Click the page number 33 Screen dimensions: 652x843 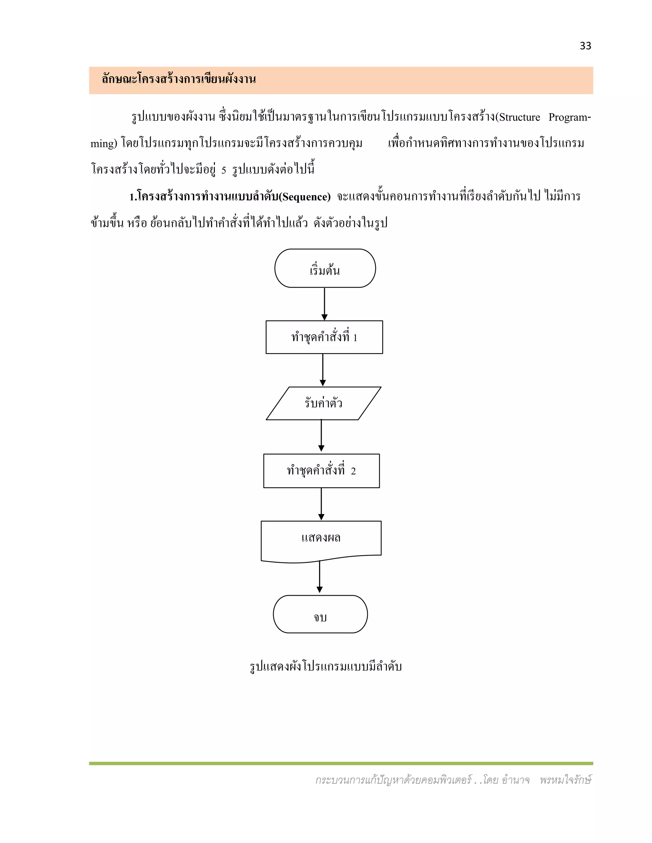click(585, 46)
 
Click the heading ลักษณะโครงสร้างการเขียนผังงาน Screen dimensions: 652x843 click(179, 80)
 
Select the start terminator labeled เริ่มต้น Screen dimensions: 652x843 click(325, 268)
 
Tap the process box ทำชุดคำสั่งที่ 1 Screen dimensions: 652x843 click(324, 337)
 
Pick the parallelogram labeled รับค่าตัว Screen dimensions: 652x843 click(323, 403)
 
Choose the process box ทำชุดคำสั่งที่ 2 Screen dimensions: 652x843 click(321, 470)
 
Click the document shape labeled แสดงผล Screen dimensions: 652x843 click(321, 539)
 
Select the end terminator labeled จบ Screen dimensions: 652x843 click(320, 614)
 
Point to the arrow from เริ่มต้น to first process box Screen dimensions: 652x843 click(324, 304)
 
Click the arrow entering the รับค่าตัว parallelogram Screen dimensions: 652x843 click(323, 370)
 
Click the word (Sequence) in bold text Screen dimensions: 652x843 click(305, 197)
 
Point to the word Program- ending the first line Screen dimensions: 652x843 click(569, 117)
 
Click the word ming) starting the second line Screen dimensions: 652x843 click(103, 143)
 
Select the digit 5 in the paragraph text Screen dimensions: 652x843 click(223, 170)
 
